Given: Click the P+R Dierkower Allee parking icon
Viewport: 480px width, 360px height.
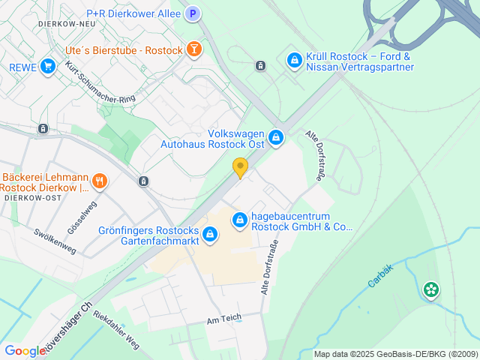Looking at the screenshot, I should pyautogui.click(x=193, y=13).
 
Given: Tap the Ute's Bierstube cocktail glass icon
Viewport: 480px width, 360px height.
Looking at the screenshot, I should pyautogui.click(x=194, y=49).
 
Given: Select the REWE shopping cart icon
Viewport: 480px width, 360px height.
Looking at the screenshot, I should pyautogui.click(x=49, y=66).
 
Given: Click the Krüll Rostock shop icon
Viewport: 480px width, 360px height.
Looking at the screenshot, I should pyautogui.click(x=294, y=59).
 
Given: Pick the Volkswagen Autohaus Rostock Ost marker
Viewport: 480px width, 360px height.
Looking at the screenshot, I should pyautogui.click(x=276, y=137).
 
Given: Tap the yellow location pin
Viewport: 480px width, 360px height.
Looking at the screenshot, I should pyautogui.click(x=240, y=168).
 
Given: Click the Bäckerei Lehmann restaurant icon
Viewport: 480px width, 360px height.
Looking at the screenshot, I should pyautogui.click(x=99, y=181).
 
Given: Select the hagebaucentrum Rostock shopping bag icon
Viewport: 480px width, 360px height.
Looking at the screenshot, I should pyautogui.click(x=240, y=220).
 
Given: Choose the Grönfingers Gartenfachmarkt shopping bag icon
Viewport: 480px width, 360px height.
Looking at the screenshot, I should pyautogui.click(x=210, y=235).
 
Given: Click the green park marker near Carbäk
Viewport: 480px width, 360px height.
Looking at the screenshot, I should pyautogui.click(x=430, y=289).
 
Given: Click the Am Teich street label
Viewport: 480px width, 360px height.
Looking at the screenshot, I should pyautogui.click(x=223, y=318).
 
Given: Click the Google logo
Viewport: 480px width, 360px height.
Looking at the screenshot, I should pyautogui.click(x=24, y=351).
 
